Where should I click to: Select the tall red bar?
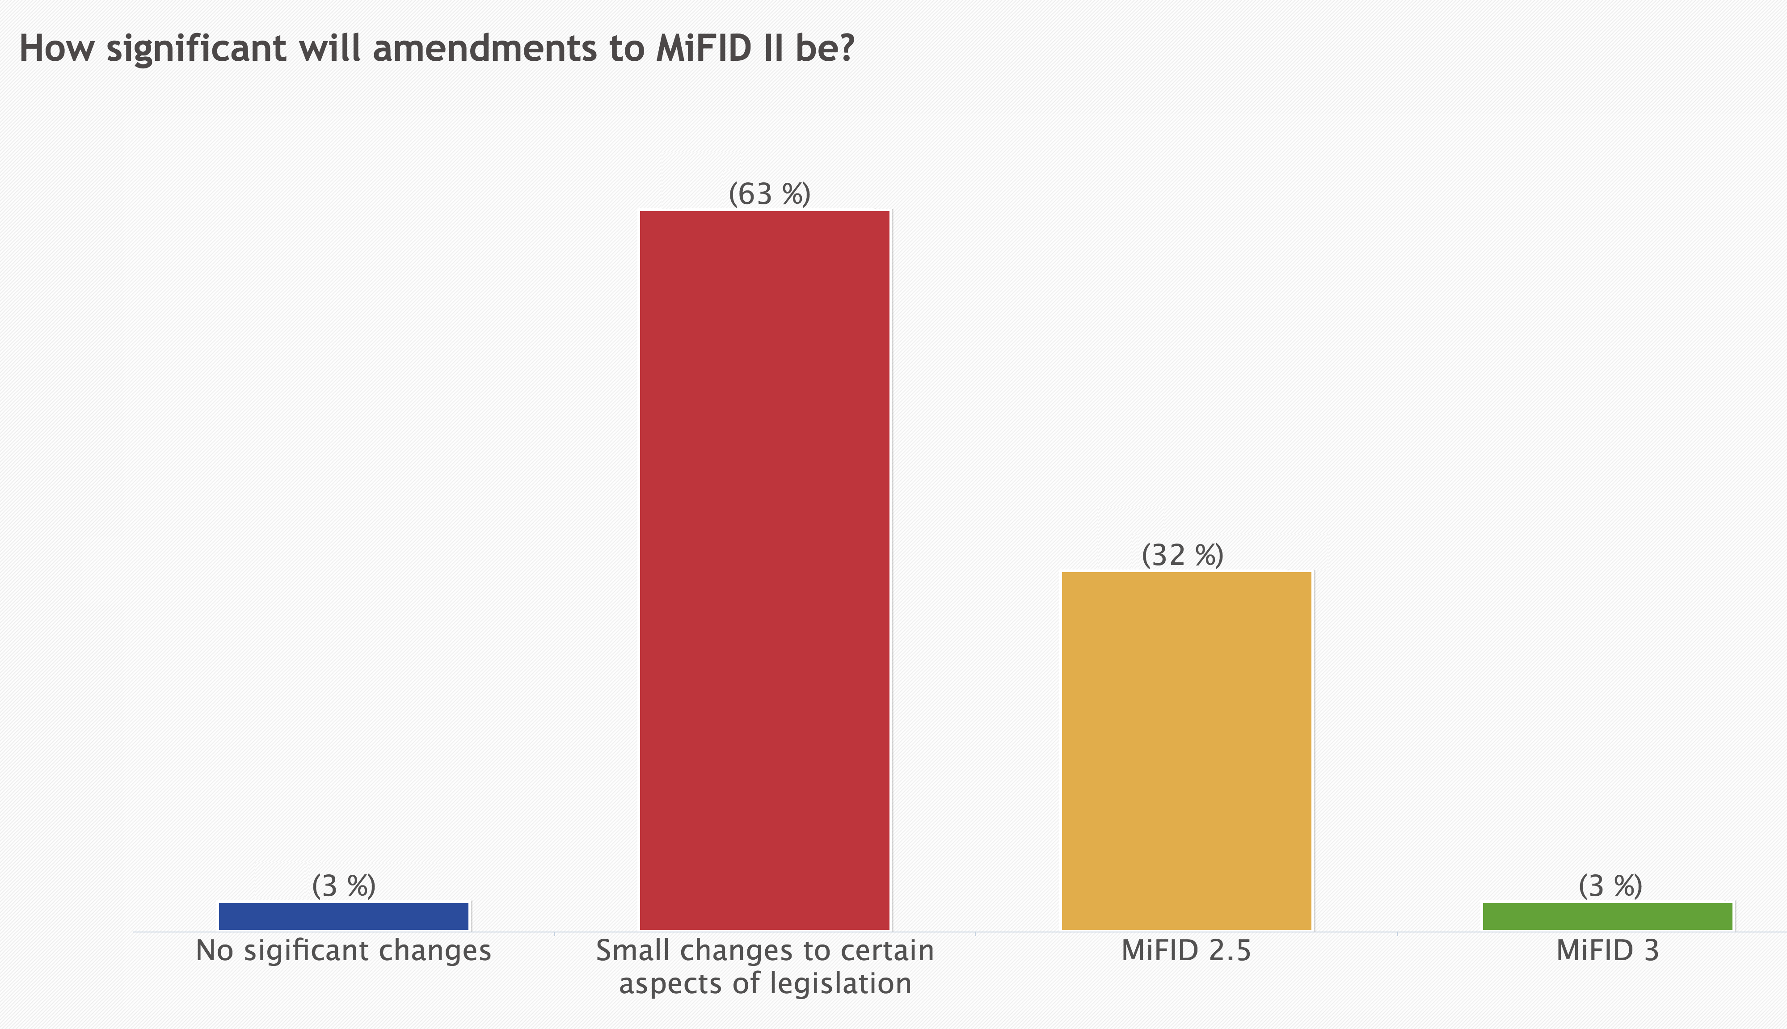tap(764, 569)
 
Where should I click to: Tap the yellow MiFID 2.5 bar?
tap(1186, 751)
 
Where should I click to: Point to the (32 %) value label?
tap(1182, 556)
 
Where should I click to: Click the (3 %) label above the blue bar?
tap(343, 886)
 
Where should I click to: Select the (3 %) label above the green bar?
tap(1610, 886)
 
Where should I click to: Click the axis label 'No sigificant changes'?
tap(343, 951)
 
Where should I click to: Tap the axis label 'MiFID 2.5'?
tap(1186, 951)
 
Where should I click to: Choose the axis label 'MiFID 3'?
tap(1607, 951)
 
